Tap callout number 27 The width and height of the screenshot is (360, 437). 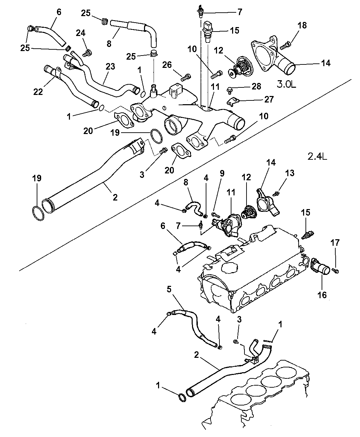tap(268, 99)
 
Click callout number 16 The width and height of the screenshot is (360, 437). tap(322, 294)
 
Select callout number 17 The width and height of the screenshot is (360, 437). tap(335, 243)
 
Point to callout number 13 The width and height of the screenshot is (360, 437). tap(290, 173)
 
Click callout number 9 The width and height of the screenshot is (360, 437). tap(222, 173)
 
